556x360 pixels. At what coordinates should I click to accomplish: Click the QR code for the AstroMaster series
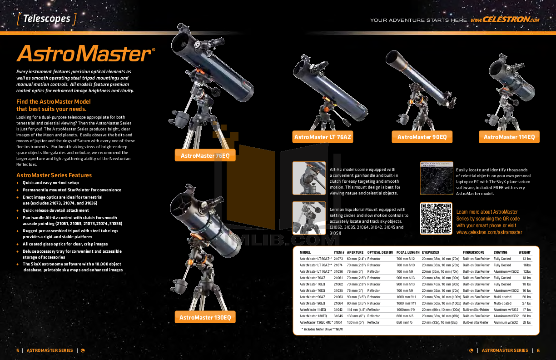436,219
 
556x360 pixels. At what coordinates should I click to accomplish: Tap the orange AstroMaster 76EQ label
205,155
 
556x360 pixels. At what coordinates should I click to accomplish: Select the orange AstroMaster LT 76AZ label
323,137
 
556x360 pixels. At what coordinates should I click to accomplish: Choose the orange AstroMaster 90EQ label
422,137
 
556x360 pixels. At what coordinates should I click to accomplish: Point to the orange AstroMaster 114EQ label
509,137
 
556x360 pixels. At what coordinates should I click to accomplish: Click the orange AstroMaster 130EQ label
205,317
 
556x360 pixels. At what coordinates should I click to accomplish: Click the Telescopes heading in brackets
46,19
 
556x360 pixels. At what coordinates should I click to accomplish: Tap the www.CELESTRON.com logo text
505,20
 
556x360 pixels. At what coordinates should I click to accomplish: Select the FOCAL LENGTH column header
407,252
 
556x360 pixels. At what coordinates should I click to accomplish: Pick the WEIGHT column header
525,252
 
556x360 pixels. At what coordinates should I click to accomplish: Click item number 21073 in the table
338,259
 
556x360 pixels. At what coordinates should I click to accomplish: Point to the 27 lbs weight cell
526,303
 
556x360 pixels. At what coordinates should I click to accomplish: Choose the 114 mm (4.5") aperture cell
357,310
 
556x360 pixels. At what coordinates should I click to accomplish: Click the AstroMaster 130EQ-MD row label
316,322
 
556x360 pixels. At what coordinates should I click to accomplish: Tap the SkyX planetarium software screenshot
436,178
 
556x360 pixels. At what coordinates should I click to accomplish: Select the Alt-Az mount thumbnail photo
309,178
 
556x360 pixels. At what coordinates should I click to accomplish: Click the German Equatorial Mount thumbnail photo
309,218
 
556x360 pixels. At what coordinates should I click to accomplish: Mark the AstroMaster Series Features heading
54,175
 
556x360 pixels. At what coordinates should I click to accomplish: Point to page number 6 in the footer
538,350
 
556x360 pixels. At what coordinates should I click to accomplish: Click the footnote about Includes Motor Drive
322,329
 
